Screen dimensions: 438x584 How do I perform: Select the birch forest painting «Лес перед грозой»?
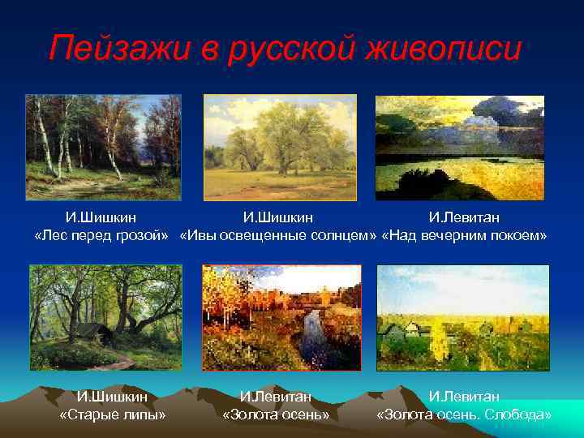(103, 147)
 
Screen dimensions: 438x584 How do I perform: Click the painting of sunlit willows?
(280, 147)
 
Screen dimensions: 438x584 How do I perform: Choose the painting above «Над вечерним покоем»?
(459, 148)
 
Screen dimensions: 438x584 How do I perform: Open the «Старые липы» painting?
(106, 317)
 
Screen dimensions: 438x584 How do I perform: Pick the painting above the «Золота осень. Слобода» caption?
(462, 317)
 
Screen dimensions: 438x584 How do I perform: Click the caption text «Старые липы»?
(113, 415)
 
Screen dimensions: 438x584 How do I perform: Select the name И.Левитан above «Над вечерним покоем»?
(464, 217)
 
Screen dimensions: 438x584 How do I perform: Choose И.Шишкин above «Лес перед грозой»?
(101, 217)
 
